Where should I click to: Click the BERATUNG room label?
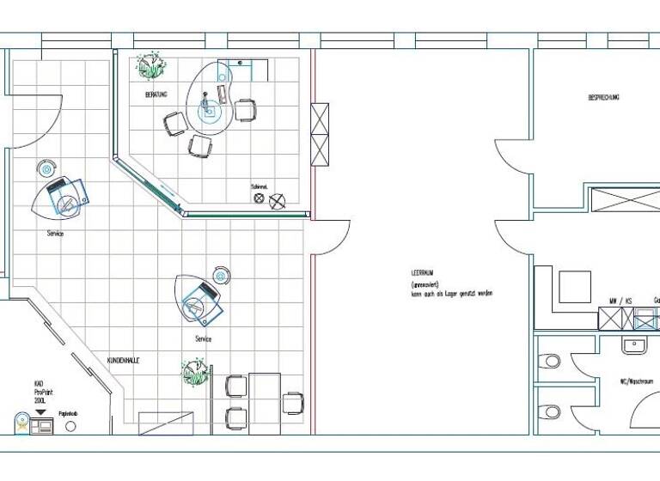pyautogui.click(x=156, y=94)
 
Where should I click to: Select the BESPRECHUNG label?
pyautogui.click(x=603, y=98)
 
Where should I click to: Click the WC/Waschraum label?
pyautogui.click(x=636, y=381)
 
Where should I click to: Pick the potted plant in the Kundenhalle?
pyautogui.click(x=195, y=373)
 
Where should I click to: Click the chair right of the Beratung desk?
pyautogui.click(x=246, y=110)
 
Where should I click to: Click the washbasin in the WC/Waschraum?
pyautogui.click(x=633, y=345)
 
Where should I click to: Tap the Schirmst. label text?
pyautogui.click(x=259, y=186)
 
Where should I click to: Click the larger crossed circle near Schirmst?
pyautogui.click(x=277, y=201)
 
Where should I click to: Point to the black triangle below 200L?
pyautogui.click(x=40, y=413)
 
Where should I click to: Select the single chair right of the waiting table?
pyautogui.click(x=293, y=402)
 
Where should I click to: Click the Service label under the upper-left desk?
pyautogui.click(x=55, y=233)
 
